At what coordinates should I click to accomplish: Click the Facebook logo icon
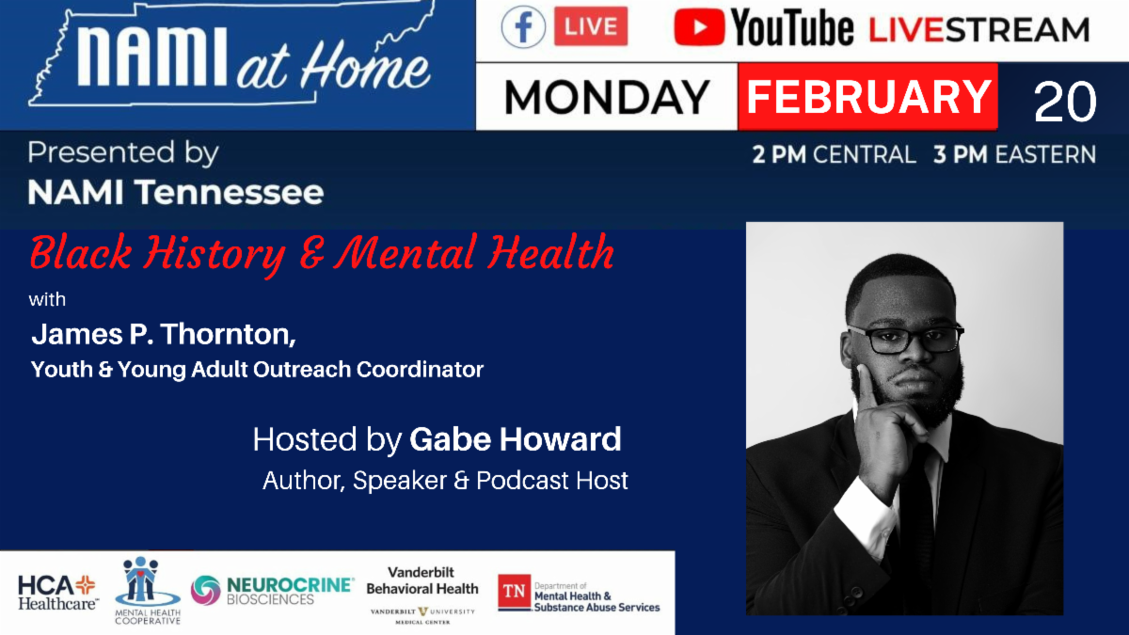(523, 27)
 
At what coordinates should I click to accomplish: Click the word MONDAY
(607, 98)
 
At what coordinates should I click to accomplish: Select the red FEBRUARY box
(867, 97)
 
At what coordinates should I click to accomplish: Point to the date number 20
(1064, 102)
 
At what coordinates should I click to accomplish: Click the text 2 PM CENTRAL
(834, 155)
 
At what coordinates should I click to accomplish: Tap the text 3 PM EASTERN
(1014, 155)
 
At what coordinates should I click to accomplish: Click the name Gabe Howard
(516, 439)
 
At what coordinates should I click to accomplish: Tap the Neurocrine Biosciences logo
(273, 591)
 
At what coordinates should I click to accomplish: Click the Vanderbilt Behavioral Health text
(421, 580)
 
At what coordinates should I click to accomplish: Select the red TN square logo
(514, 592)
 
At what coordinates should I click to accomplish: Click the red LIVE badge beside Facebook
(590, 27)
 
